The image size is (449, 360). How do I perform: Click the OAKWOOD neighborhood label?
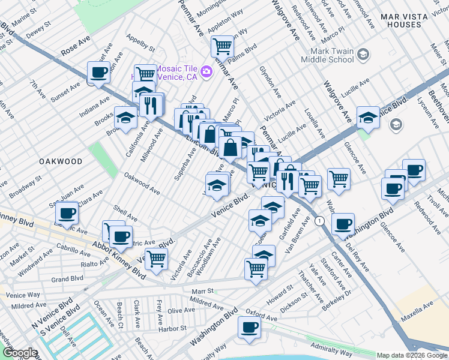(61, 161)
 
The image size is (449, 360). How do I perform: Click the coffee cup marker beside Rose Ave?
(98, 73)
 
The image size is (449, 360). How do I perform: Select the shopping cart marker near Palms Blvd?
(222, 46)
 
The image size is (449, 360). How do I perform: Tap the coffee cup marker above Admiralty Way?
(249, 328)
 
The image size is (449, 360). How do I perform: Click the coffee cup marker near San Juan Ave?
(67, 212)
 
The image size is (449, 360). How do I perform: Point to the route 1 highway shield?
(322, 221)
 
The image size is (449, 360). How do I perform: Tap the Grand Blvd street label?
(67, 279)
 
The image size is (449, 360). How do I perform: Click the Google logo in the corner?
(19, 353)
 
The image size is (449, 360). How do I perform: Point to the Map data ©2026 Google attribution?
(412, 355)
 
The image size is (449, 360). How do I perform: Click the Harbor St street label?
(173, 329)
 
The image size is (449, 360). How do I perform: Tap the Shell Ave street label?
(125, 212)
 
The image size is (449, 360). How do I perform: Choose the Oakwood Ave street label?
(142, 184)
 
